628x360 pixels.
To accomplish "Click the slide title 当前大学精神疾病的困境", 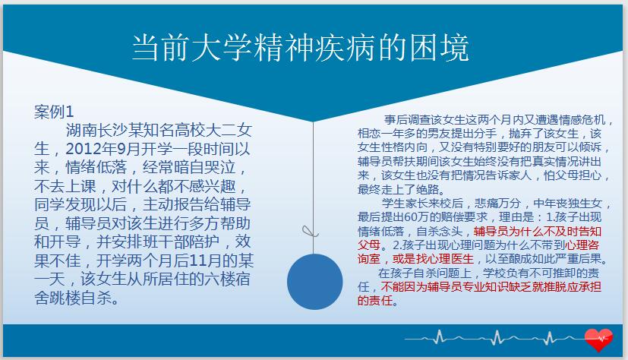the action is [x=301, y=48].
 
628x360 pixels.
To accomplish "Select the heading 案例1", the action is [x=54, y=112].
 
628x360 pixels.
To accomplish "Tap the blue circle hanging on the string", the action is [x=315, y=282].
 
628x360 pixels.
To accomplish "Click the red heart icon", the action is [x=598, y=339].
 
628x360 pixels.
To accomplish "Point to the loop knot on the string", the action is [x=309, y=232].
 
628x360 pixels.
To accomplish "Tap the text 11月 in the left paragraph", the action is [x=213, y=261].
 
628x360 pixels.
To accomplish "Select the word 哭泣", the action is [x=220, y=167].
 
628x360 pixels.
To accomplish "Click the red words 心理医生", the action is [x=450, y=259].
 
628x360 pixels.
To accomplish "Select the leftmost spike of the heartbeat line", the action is [x=440, y=336].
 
